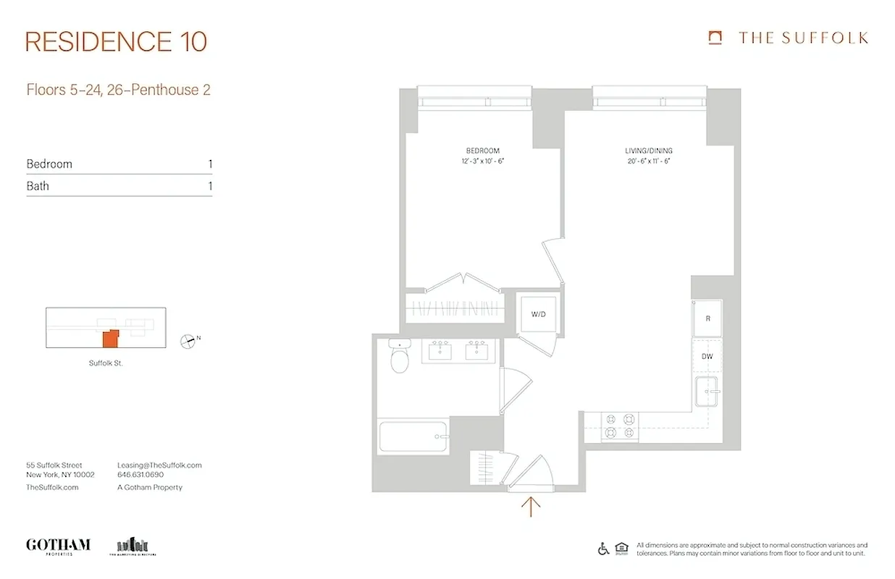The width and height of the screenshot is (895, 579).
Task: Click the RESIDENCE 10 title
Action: click(116, 41)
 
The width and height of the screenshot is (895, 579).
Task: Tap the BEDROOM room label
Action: click(482, 151)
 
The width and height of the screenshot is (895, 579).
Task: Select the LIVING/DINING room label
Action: click(649, 151)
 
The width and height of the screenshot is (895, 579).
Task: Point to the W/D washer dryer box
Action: click(538, 315)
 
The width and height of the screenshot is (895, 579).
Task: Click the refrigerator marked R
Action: click(707, 318)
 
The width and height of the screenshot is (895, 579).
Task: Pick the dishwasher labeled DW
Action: click(707, 357)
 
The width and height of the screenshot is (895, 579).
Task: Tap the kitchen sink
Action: click(707, 393)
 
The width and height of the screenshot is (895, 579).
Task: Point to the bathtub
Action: click(413, 437)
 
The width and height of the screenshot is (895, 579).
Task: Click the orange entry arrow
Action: click(531, 506)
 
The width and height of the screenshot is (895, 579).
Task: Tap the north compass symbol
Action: click(188, 340)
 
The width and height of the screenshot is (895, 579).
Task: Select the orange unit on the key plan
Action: click(110, 339)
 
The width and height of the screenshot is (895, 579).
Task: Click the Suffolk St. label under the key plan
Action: click(106, 363)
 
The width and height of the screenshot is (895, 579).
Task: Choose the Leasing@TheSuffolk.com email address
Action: click(159, 465)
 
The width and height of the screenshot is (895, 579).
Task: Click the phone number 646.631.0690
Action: click(140, 476)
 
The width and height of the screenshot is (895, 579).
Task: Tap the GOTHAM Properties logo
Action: click(58, 546)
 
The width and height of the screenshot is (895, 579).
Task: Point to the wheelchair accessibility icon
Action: click(603, 549)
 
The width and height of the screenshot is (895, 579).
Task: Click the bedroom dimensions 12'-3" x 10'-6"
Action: click(482, 161)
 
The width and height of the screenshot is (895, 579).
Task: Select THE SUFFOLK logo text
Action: click(803, 38)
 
